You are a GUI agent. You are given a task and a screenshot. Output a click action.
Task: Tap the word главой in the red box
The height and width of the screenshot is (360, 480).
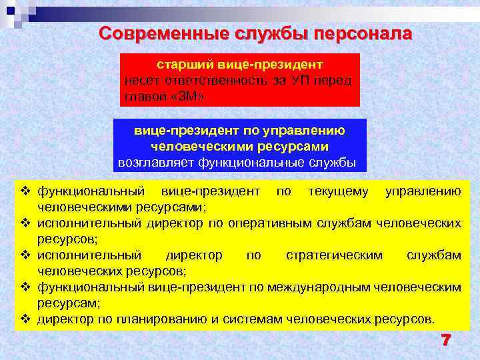(144, 97)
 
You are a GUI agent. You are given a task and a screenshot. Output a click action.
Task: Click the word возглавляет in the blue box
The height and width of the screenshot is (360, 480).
(150, 161)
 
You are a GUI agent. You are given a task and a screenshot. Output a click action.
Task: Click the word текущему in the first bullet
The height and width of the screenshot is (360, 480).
(338, 192)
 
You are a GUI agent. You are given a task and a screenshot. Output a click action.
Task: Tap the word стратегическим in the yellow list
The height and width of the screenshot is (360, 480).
(334, 255)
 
